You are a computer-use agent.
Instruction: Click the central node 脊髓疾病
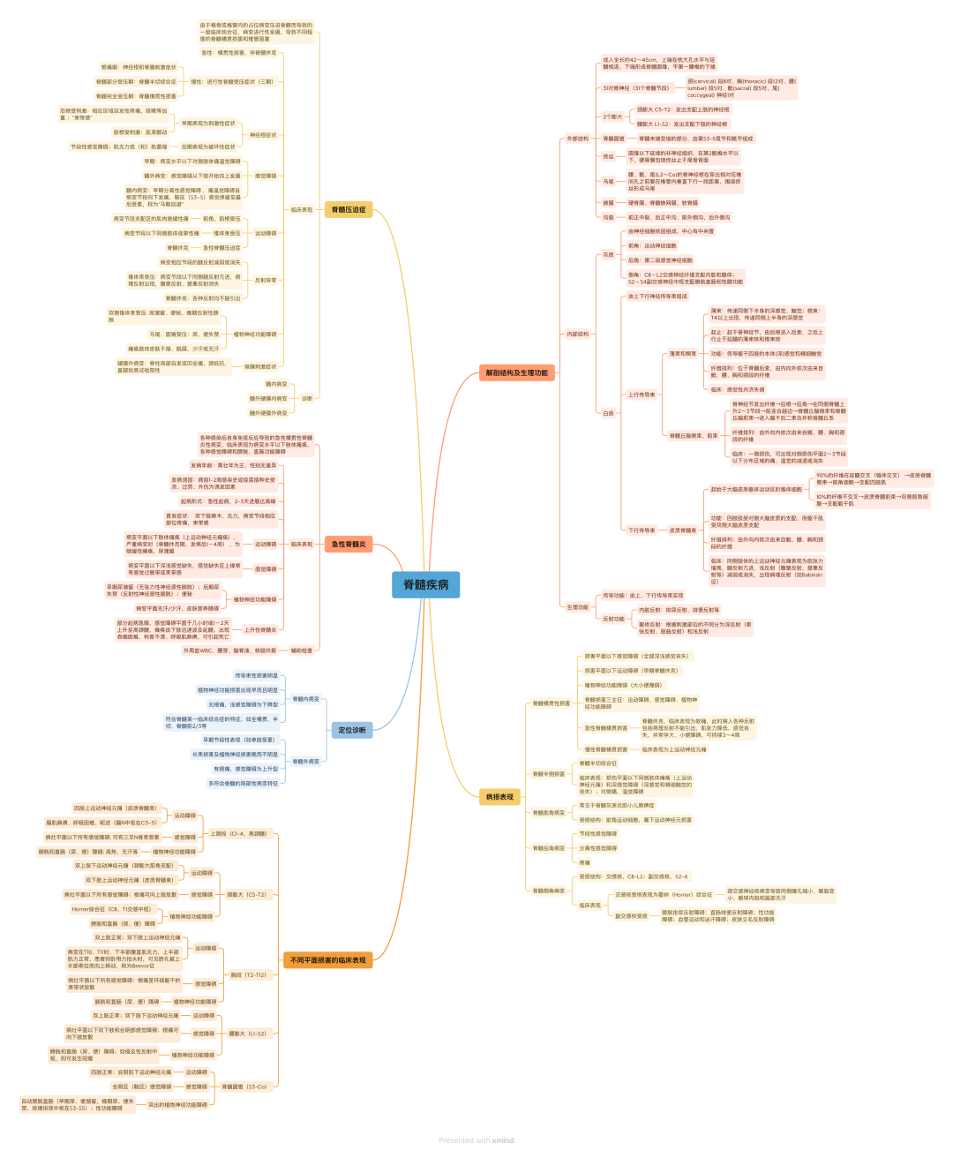click(x=425, y=584)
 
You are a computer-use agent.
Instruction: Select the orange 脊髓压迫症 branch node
click(x=348, y=209)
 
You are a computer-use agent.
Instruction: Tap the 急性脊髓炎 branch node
click(x=349, y=544)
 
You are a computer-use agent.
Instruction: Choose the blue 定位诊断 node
click(x=352, y=730)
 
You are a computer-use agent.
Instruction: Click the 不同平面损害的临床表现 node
click(x=327, y=959)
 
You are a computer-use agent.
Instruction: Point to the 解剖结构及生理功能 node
click(x=516, y=372)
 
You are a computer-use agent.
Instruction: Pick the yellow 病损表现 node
click(x=499, y=797)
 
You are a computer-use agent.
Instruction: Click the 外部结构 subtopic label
click(x=577, y=139)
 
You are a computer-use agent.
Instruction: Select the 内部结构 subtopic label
click(x=577, y=334)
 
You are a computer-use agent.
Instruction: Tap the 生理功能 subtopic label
click(x=577, y=606)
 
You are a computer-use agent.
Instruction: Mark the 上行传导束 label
click(x=642, y=395)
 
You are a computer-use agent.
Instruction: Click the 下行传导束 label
click(x=642, y=530)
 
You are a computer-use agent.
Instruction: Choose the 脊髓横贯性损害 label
click(x=551, y=703)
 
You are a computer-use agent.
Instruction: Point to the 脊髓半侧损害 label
click(x=548, y=774)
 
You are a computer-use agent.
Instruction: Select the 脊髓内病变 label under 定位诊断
click(x=305, y=699)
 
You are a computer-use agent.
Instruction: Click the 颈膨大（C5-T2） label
click(x=246, y=894)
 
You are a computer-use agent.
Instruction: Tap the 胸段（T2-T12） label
click(x=248, y=974)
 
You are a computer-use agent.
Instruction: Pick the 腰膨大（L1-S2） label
click(x=247, y=1034)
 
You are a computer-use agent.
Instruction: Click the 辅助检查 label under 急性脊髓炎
click(x=301, y=650)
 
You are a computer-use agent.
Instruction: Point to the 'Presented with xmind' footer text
click(x=476, y=1140)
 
